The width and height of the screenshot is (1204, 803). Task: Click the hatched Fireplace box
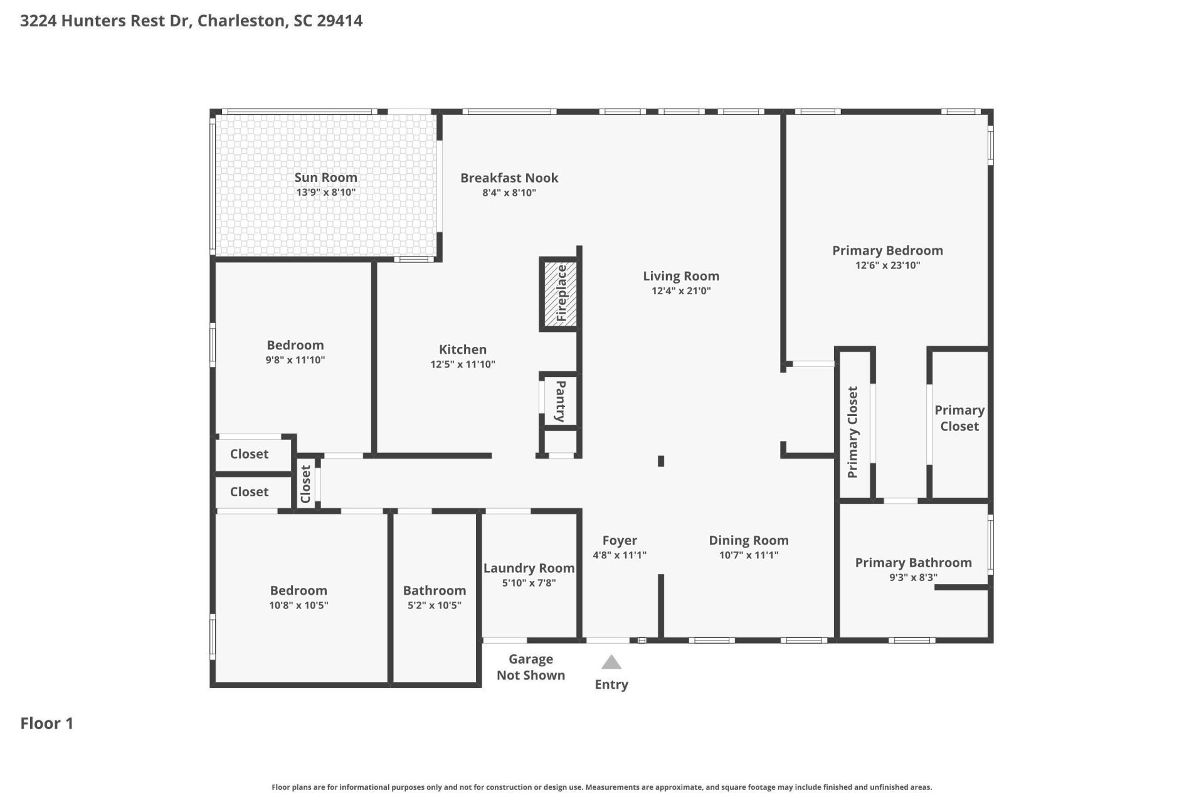point(560,294)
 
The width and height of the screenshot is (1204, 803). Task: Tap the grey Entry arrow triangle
point(611,662)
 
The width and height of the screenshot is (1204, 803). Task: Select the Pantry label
point(561,401)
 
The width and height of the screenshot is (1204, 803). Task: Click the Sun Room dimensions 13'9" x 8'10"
point(325,193)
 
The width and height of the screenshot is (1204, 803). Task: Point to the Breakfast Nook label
point(509,178)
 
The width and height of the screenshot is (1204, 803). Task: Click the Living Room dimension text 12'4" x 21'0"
point(681,290)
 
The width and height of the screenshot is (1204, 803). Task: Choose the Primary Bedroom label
point(887,250)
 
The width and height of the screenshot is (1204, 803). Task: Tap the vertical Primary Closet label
point(852,432)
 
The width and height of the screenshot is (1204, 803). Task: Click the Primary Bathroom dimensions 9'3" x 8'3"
point(913,577)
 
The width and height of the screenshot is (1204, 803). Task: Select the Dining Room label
point(749,540)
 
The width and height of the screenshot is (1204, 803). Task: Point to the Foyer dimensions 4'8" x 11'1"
point(620,555)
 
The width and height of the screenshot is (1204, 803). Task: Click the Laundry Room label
point(529,568)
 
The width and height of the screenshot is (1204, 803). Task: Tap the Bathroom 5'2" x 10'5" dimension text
point(435,605)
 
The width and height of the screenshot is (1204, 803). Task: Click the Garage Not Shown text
point(531,667)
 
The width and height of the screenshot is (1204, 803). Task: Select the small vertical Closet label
point(305,484)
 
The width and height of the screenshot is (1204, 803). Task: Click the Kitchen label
point(463,349)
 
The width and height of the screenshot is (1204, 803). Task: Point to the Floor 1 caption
point(47,723)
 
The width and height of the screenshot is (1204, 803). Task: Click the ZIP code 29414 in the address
point(339,21)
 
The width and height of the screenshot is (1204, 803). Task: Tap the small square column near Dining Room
point(661,461)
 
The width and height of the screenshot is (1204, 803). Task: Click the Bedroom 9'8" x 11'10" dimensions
point(295,359)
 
